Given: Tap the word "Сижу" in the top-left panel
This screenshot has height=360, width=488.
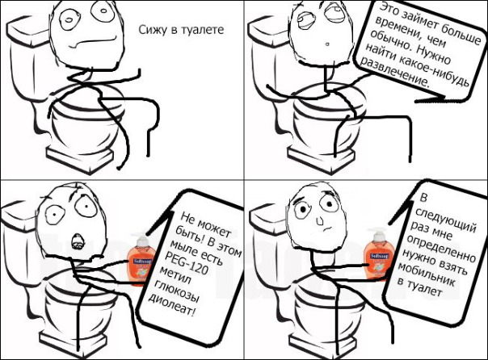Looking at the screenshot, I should click(153, 31).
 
